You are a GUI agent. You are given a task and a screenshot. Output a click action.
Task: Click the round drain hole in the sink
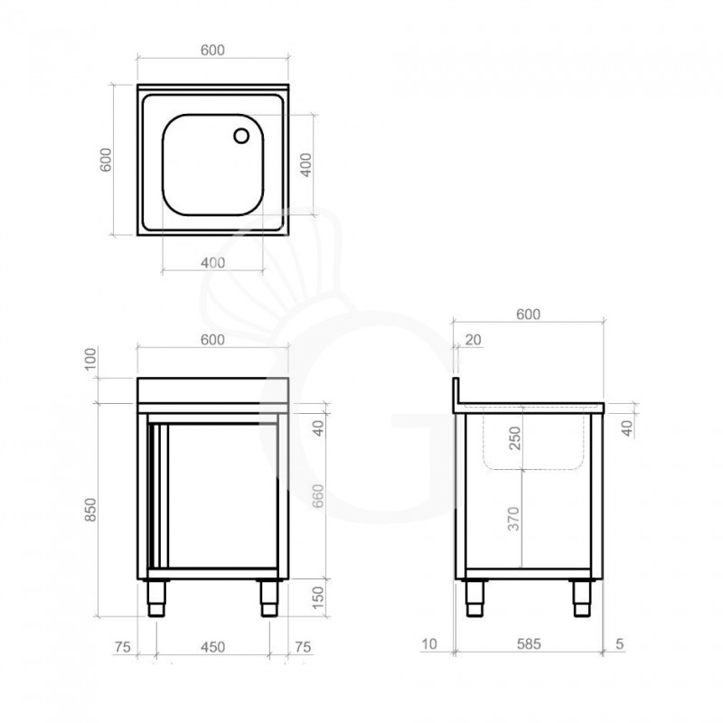pos(241,136)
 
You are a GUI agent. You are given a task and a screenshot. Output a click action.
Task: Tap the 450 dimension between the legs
pos(212,646)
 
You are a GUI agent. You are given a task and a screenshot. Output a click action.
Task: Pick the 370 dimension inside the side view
pos(513,519)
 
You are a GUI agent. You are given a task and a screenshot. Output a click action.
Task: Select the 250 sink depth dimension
pos(513,440)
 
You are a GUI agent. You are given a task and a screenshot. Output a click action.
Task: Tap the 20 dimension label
pos(474,340)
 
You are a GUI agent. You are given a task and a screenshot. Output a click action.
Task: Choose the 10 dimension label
pos(428,644)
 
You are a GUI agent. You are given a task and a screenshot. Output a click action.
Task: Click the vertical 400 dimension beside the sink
pos(306,164)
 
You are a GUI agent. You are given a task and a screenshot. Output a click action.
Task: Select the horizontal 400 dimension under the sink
pos(212,262)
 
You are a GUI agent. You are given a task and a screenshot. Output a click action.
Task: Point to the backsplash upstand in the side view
pos(457,390)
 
